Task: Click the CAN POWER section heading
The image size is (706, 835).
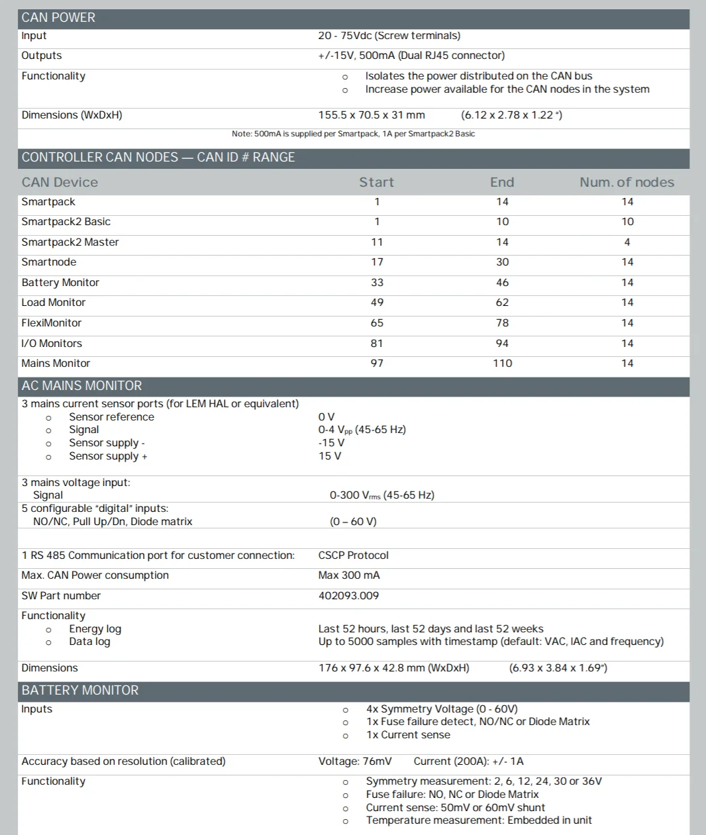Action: point(58,18)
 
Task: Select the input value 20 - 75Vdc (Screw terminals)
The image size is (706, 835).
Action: point(389,36)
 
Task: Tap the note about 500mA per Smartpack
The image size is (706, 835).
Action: point(353,134)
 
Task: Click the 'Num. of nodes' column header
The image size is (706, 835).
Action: point(627,182)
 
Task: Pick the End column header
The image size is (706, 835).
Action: point(502,182)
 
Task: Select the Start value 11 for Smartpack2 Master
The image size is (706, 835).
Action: point(377,242)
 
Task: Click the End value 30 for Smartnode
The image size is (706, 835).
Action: point(502,262)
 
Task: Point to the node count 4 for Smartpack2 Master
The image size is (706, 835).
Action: point(627,242)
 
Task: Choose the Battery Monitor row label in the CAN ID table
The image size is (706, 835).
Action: point(60,283)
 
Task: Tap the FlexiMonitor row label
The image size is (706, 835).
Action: point(52,323)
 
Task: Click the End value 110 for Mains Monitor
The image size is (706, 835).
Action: point(502,364)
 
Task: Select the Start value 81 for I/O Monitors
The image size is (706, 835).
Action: point(377,344)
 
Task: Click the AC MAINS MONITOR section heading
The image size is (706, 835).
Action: point(81,386)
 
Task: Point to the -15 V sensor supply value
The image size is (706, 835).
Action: point(331,443)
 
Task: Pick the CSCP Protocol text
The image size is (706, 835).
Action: point(353,556)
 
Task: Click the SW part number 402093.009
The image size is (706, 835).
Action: point(348,596)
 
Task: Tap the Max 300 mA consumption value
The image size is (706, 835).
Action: point(349,575)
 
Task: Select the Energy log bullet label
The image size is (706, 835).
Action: point(95,629)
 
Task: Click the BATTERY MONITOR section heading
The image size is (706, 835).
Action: point(80,691)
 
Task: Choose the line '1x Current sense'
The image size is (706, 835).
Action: point(408,735)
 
